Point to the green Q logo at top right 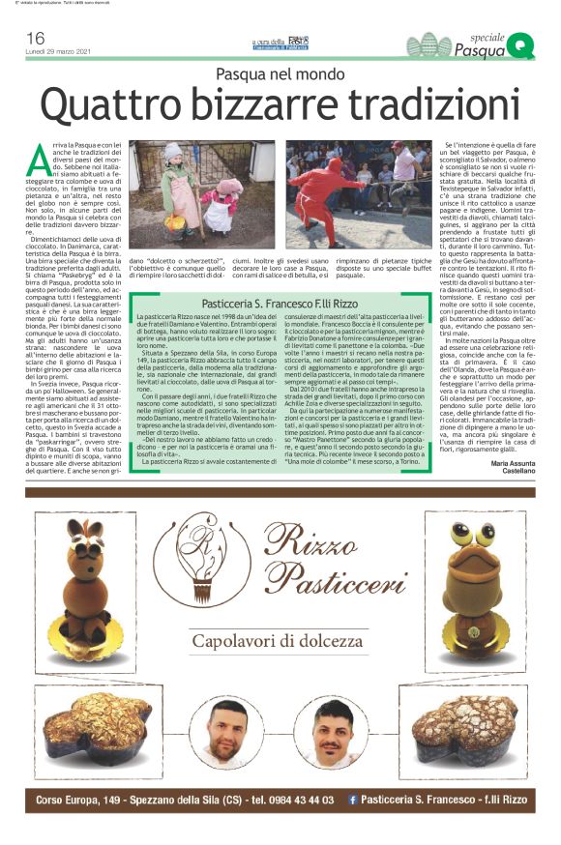[520, 43]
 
